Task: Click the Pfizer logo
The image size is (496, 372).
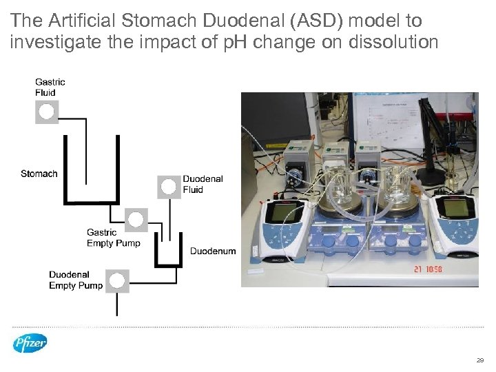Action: [30, 342]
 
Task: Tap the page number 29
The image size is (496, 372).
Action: [480, 360]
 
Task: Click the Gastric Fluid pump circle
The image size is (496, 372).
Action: [47, 112]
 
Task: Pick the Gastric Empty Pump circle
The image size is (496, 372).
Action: [136, 220]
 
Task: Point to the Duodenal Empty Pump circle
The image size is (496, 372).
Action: [118, 280]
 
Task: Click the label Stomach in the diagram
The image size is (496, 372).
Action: [39, 174]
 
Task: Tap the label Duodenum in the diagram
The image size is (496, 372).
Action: [213, 251]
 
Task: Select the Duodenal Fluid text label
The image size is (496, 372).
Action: [203, 184]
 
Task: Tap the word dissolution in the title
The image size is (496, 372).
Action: [393, 43]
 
